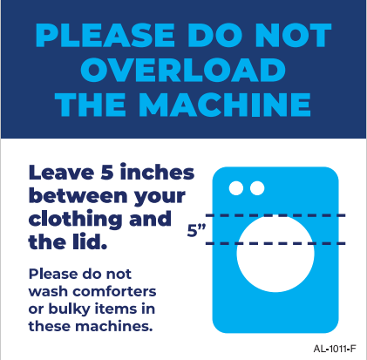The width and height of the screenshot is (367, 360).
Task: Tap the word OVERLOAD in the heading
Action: (x=183, y=70)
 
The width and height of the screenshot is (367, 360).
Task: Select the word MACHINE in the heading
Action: (x=225, y=105)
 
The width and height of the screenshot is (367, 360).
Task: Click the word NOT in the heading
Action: (x=293, y=36)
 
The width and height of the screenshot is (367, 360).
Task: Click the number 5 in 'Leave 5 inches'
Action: (x=107, y=173)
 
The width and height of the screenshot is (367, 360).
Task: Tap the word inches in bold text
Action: (x=157, y=172)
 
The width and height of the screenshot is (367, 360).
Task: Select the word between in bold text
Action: (x=78, y=195)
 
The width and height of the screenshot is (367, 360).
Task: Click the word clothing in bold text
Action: (x=75, y=221)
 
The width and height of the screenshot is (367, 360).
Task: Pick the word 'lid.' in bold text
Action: (x=90, y=241)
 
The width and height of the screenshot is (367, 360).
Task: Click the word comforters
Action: (x=114, y=291)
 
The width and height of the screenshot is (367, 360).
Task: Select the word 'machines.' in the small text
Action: (x=114, y=326)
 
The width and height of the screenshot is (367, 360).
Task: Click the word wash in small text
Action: (x=49, y=292)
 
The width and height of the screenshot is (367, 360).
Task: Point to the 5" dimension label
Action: (x=196, y=230)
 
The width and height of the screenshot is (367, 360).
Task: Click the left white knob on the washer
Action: (x=236, y=188)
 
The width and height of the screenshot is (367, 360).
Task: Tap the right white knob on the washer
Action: (x=257, y=188)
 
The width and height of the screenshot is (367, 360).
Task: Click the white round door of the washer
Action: (x=275, y=254)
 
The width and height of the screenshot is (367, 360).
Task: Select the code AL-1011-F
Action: (x=335, y=349)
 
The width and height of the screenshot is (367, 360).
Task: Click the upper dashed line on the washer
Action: (x=275, y=215)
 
